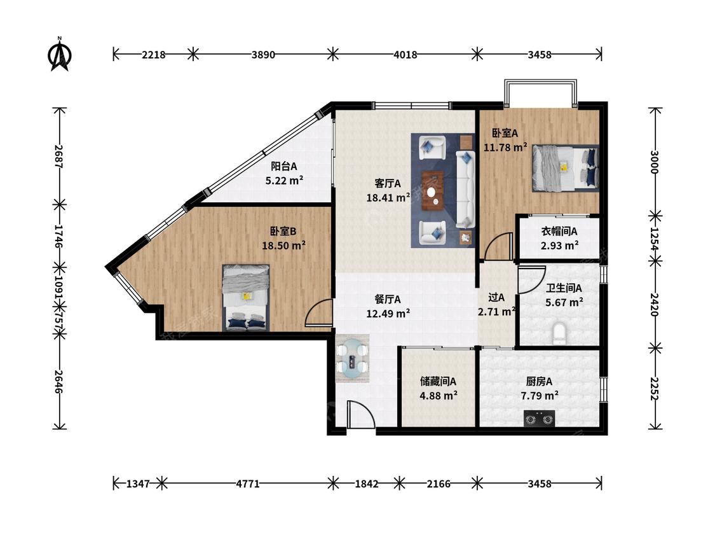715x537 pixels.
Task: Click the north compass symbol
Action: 60,54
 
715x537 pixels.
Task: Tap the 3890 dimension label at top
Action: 263,55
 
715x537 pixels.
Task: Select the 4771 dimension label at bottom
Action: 248,484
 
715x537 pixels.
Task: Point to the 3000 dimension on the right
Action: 655,162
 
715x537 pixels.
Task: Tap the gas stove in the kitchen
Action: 540,418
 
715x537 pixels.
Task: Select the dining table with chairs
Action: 352,358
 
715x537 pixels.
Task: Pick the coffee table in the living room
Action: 433,190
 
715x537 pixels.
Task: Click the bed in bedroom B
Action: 246,297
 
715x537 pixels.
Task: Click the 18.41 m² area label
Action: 388,198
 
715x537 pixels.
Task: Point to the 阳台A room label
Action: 284,166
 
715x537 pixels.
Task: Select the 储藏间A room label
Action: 438,381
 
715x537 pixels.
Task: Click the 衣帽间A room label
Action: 559,231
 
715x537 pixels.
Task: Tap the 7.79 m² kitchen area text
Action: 540,396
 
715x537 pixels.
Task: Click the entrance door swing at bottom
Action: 361,414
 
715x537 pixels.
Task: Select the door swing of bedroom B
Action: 318,312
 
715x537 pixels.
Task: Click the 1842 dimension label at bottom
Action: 367,484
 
